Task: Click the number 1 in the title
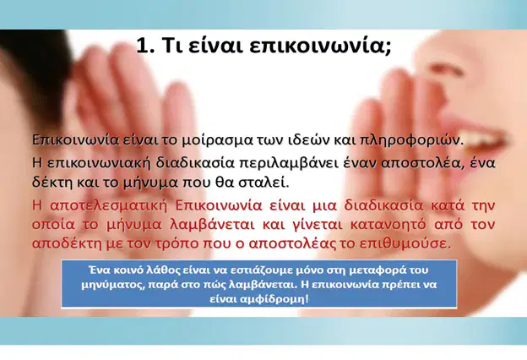(x=142, y=45)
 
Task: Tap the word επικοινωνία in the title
(x=319, y=46)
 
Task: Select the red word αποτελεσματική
(x=109, y=205)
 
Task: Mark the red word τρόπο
(x=177, y=243)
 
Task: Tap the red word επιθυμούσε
(x=404, y=243)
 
